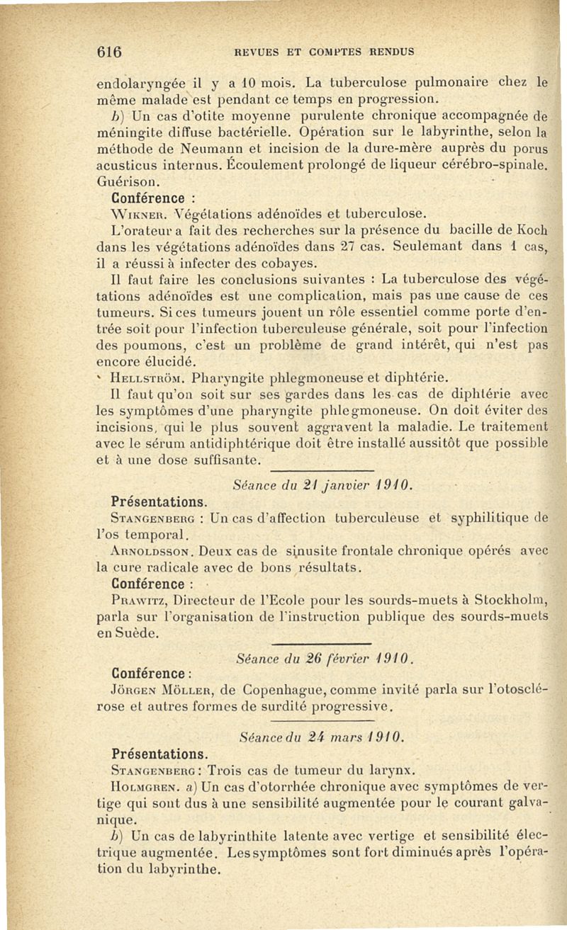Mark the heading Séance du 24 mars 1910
322,737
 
